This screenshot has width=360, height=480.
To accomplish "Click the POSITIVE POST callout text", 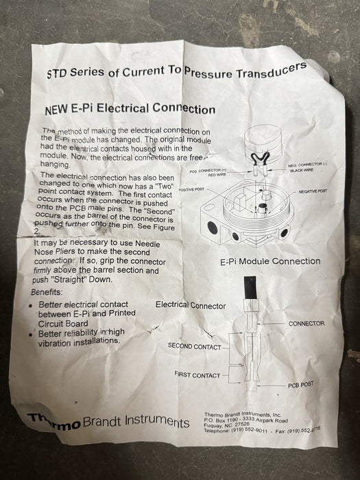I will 191,189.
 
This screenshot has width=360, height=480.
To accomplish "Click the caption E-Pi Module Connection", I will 270,261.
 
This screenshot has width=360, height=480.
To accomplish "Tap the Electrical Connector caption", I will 190,304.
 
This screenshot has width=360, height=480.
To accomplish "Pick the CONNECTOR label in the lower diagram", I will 307,323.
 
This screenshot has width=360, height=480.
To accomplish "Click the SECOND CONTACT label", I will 194,346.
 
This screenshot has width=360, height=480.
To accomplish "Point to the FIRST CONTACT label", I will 197,375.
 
